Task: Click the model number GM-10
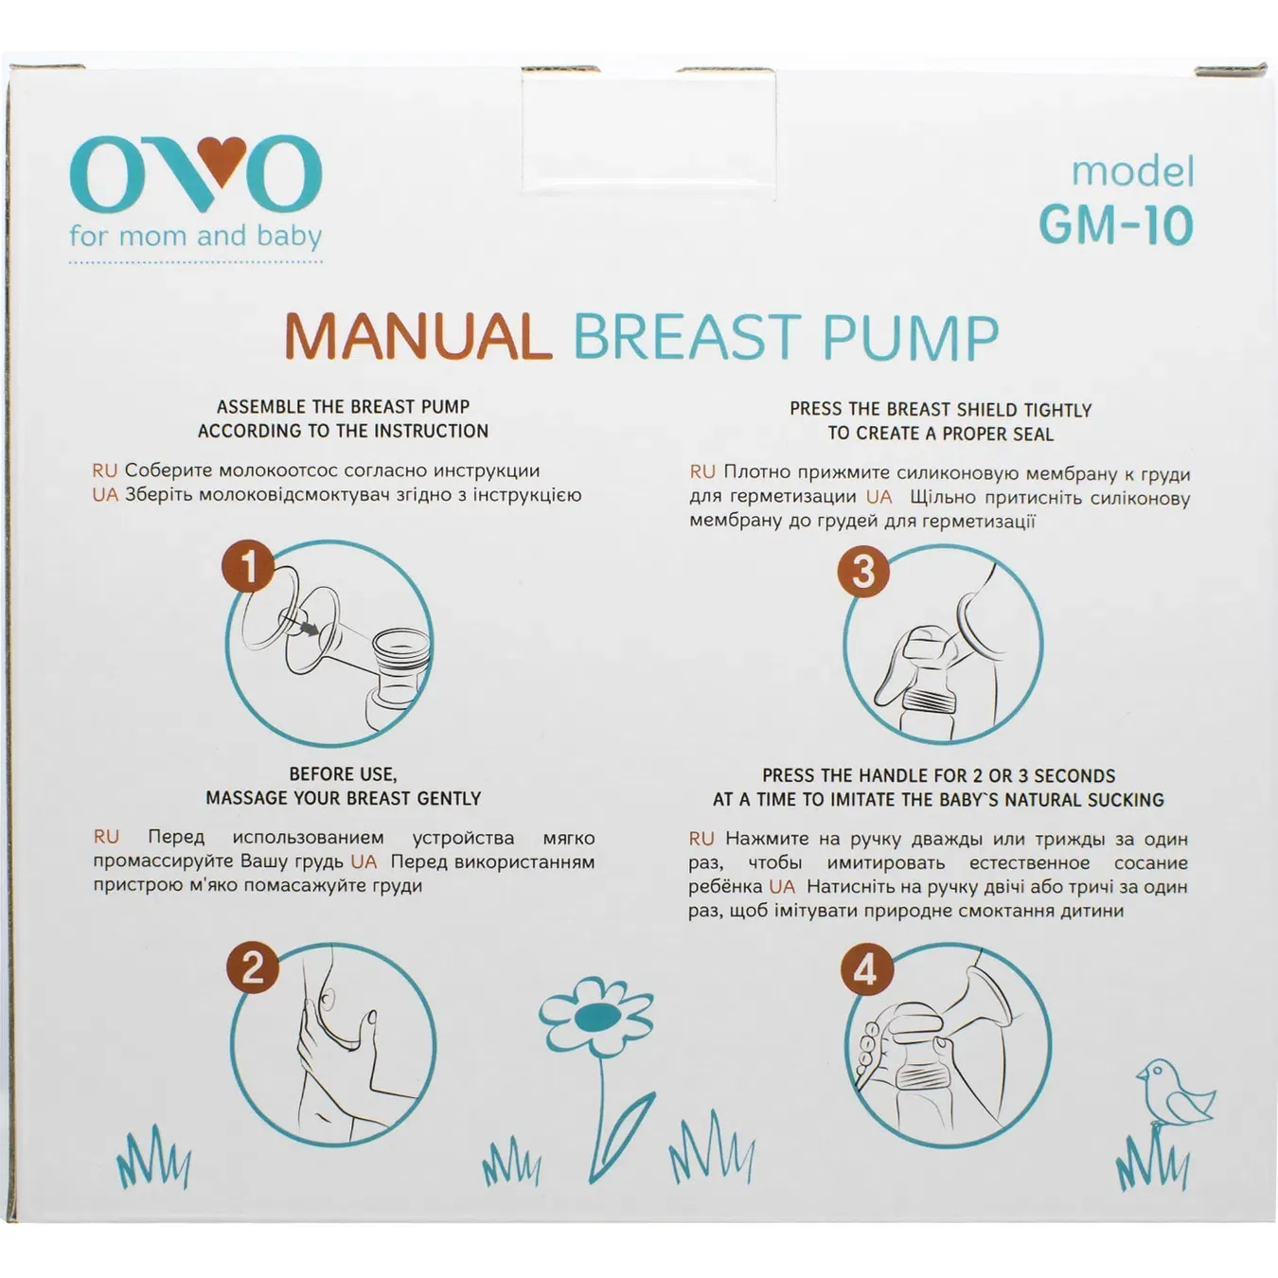tap(1115, 225)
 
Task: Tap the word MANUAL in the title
tap(417, 336)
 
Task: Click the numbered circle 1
tap(248, 567)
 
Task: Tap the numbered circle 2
tap(252, 967)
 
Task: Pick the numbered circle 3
tap(862, 571)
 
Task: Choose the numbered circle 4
tap(865, 970)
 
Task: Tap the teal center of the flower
tap(595, 1018)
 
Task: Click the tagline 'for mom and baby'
tap(195, 236)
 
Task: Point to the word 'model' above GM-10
tap(1132, 172)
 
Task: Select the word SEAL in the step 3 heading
tap(1024, 435)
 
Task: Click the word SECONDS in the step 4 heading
tap(1074, 775)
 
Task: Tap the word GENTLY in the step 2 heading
tap(450, 798)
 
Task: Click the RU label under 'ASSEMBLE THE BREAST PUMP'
tap(104, 470)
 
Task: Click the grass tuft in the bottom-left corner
tap(153, 1160)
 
